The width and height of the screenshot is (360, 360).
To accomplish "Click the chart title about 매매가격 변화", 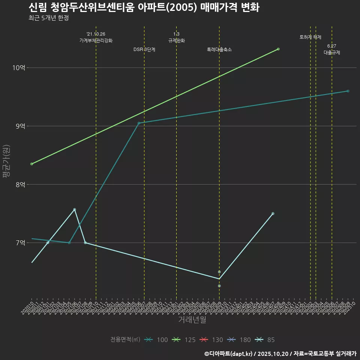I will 144,7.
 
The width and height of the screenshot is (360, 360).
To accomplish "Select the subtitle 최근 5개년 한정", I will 48,18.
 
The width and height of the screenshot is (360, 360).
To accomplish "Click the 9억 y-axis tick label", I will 20,126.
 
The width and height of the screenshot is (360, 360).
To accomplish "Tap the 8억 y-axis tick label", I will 20,184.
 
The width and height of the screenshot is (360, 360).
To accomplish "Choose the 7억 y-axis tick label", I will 20,243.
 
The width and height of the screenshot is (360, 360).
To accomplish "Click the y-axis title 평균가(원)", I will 6,161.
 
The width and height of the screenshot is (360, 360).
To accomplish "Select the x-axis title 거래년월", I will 192,320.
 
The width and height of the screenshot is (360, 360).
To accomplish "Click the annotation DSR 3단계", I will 144,49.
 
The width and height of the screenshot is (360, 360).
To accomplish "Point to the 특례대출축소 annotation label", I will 219,49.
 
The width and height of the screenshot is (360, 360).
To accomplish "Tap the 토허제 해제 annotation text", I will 310,37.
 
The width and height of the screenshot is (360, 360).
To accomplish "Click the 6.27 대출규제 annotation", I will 332,49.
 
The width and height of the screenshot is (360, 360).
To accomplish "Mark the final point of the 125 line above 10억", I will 278,49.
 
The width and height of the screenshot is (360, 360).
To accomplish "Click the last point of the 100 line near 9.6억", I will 348,91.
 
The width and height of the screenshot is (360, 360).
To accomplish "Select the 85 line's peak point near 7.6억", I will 75,209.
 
